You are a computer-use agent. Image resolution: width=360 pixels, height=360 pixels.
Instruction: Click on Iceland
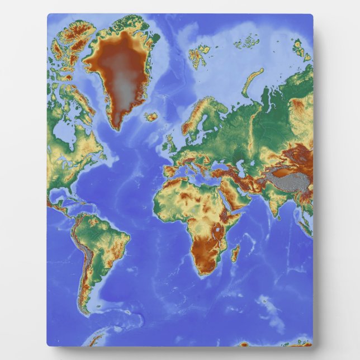click(x=150, y=117)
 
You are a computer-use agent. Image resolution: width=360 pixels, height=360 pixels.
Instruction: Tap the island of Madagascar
click(x=235, y=253)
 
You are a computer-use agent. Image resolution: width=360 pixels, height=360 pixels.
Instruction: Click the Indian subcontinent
click(x=273, y=201)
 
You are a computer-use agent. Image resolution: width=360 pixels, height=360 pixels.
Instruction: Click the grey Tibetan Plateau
click(x=288, y=181)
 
